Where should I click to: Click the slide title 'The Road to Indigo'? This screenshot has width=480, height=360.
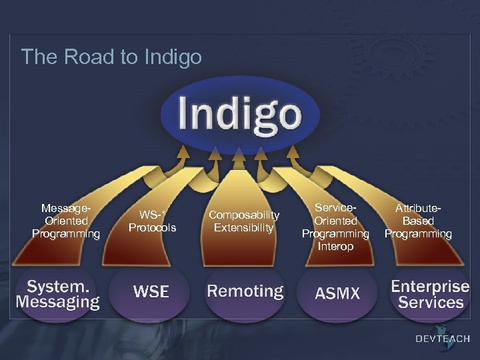click(x=111, y=57)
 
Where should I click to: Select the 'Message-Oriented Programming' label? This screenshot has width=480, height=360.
click(x=66, y=221)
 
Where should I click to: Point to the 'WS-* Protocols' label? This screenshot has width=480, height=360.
click(x=152, y=221)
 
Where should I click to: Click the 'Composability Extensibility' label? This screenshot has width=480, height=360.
click(x=243, y=221)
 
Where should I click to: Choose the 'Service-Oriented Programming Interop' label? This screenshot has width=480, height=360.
click(x=335, y=227)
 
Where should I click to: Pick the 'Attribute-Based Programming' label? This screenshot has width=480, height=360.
click(x=418, y=221)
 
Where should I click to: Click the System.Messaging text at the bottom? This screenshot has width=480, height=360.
click(x=58, y=294)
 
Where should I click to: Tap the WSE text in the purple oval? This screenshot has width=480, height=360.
click(x=151, y=291)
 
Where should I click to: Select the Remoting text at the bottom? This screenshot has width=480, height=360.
click(x=245, y=291)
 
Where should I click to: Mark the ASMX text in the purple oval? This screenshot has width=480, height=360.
click(x=337, y=293)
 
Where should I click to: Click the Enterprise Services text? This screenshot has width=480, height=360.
click(x=430, y=294)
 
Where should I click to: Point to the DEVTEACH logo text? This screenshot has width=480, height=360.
click(x=443, y=339)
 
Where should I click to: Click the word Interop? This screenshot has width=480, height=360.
click(x=335, y=247)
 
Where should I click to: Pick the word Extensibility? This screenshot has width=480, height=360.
click(x=243, y=228)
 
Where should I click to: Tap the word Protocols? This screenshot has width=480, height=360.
click(x=152, y=228)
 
